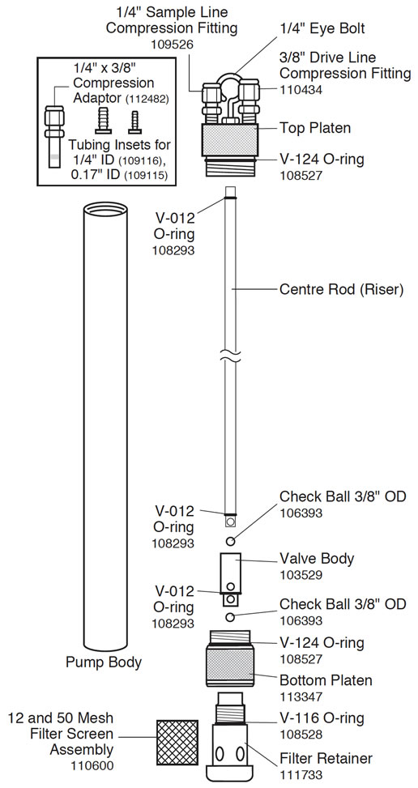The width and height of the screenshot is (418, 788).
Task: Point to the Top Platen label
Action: click(x=315, y=127)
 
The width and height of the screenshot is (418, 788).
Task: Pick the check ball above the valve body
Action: click(x=231, y=541)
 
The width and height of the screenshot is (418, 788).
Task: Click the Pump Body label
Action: click(x=103, y=662)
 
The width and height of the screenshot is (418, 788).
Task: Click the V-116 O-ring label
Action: click(x=322, y=718)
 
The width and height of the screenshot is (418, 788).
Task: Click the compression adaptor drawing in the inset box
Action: click(x=55, y=134)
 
